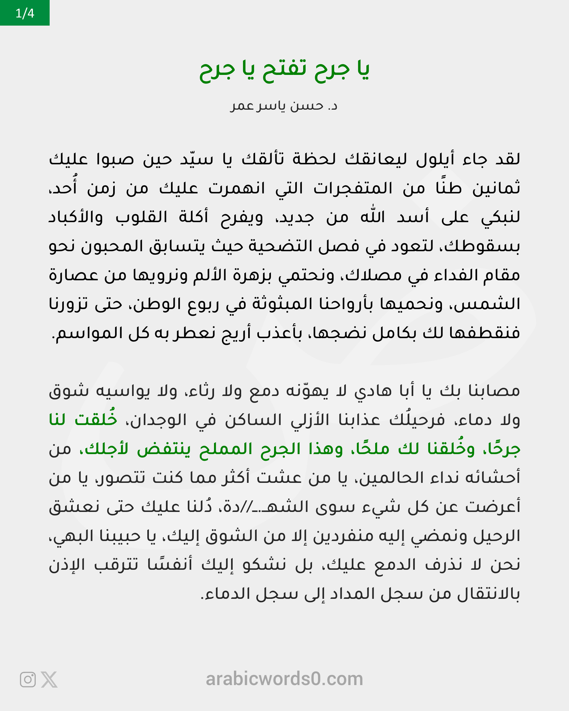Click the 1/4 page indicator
click(25, 13)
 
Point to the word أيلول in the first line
click(435, 159)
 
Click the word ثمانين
click(496, 188)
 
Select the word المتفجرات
click(352, 188)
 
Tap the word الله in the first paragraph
click(373, 217)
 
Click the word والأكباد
click(76, 217)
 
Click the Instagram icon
click(28, 679)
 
